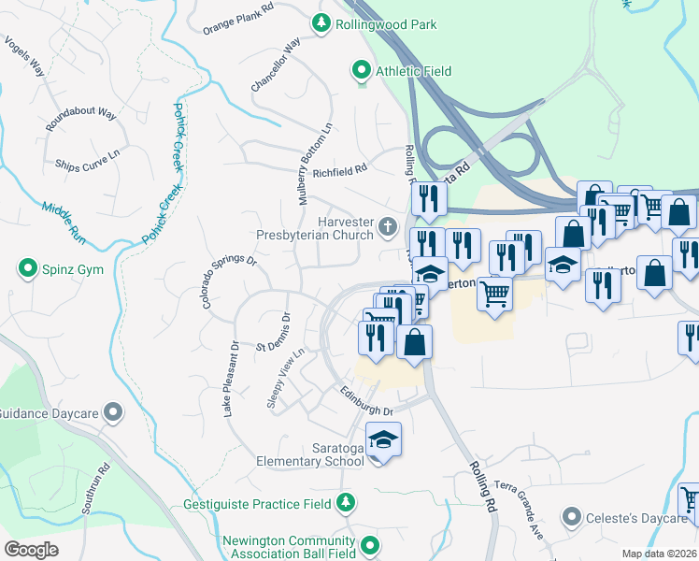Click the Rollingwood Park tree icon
click(322, 23)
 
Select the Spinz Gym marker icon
click(27, 269)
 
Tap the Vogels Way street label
click(24, 56)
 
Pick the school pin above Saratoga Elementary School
click(383, 439)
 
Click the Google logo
click(31, 551)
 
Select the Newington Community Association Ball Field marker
click(371, 545)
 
